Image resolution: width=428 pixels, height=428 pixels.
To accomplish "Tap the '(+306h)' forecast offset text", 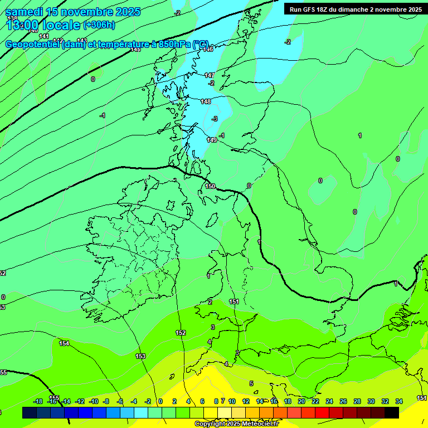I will (x=99, y=25).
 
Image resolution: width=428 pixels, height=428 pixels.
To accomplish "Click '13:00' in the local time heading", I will (x=22, y=25).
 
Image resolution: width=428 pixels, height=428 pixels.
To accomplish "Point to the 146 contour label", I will (x=208, y=49).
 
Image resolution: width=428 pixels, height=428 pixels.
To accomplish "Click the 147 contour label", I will (x=210, y=75).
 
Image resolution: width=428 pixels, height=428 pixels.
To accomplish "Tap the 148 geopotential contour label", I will (x=206, y=101).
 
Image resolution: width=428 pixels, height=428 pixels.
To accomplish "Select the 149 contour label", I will (x=212, y=140).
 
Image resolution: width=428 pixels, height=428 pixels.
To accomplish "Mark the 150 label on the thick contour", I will (x=210, y=186).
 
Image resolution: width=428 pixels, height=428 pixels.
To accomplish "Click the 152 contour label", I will (x=181, y=333).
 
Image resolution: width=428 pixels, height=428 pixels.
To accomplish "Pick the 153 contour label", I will (x=140, y=356).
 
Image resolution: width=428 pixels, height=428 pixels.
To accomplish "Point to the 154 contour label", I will (x=65, y=343).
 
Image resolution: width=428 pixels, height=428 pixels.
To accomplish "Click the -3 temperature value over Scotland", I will (x=215, y=119).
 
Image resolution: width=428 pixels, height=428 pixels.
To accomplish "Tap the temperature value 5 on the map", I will (x=251, y=383).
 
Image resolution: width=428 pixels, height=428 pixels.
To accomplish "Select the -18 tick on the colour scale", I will (x=38, y=401).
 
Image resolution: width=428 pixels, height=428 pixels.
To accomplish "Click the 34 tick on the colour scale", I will (x=399, y=401).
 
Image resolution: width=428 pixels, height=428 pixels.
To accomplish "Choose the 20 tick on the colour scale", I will (x=301, y=401).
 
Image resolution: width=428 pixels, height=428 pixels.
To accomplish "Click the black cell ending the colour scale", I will (x=391, y=412).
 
